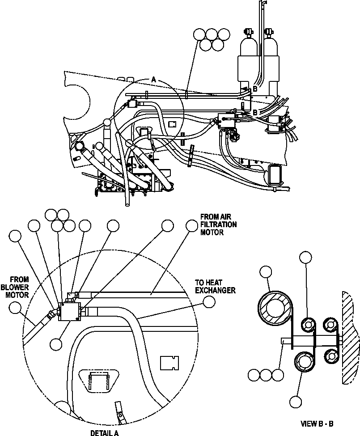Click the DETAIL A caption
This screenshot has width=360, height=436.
click(x=104, y=432)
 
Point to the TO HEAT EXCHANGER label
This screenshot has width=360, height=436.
click(x=215, y=287)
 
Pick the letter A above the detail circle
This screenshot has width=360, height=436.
click(x=153, y=79)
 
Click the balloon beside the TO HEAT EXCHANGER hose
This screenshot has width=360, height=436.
click(x=208, y=302)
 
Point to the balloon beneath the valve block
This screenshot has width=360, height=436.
click(x=56, y=343)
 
